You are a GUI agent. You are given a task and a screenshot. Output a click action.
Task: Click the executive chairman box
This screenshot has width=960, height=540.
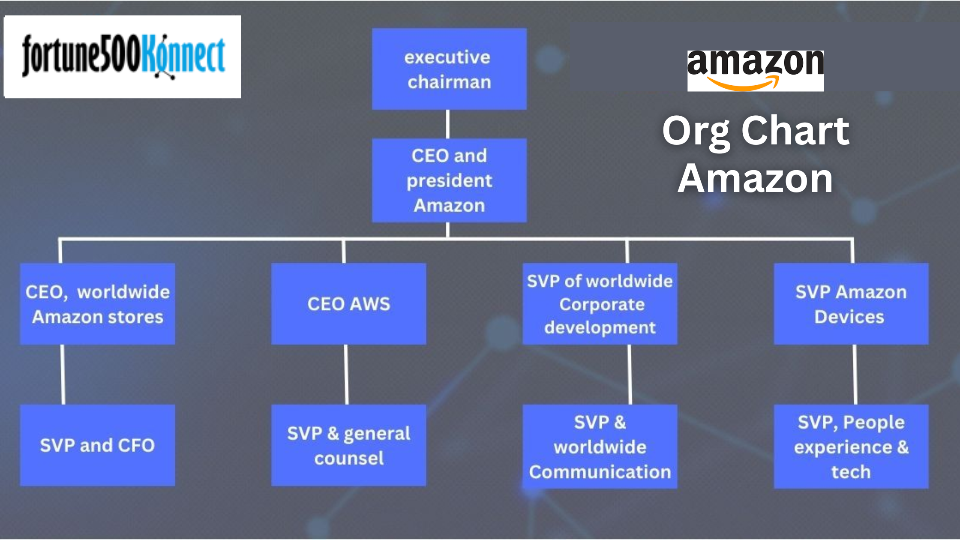click(449, 69)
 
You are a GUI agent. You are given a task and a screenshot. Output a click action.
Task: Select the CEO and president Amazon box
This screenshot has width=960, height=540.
click(449, 180)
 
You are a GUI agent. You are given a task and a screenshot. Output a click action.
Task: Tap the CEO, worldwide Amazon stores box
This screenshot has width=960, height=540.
click(97, 304)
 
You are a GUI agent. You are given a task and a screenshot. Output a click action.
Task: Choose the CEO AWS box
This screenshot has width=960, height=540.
click(348, 304)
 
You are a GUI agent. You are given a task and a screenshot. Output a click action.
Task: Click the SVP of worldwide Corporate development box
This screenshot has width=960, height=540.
click(600, 304)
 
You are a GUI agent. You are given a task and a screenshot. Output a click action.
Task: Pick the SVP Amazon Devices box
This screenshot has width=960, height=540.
click(851, 304)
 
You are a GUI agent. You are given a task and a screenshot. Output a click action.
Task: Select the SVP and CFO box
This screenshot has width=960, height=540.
click(97, 445)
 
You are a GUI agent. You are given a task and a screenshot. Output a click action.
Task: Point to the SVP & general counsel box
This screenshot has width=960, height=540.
click(348, 445)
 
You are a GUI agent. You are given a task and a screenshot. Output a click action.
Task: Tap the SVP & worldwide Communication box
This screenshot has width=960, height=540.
click(600, 446)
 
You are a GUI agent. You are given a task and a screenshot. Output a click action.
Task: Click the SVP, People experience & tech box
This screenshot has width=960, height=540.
click(851, 446)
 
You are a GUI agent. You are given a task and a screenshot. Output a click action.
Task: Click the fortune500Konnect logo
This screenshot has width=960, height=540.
click(123, 57)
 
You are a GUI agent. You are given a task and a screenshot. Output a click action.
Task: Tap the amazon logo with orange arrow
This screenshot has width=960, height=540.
click(755, 70)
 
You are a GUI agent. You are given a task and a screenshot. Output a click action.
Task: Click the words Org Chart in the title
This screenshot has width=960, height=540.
click(755, 131)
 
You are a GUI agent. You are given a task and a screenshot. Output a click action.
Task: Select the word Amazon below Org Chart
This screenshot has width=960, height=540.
click(755, 178)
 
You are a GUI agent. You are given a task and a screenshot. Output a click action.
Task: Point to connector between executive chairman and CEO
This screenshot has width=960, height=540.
click(448, 124)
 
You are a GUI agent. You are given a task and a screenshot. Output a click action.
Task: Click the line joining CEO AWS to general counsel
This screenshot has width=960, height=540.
click(346, 374)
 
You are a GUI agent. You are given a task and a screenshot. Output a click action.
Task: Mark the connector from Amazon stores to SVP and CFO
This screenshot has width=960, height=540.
click(63, 374)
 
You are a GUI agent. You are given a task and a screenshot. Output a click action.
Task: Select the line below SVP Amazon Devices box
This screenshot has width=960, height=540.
click(855, 374)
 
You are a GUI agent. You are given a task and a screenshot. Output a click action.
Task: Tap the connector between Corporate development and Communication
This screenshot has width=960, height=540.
click(630, 374)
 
